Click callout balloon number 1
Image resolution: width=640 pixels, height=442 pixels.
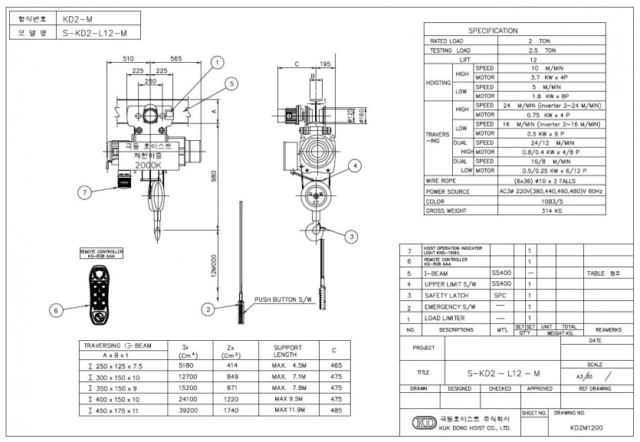(217, 62)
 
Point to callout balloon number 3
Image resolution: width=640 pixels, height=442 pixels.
(350, 237)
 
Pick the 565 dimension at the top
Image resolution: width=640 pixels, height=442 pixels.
(176, 57)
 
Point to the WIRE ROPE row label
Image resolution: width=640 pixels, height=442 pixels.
(448, 182)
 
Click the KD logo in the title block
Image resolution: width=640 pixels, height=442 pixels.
(422, 423)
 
